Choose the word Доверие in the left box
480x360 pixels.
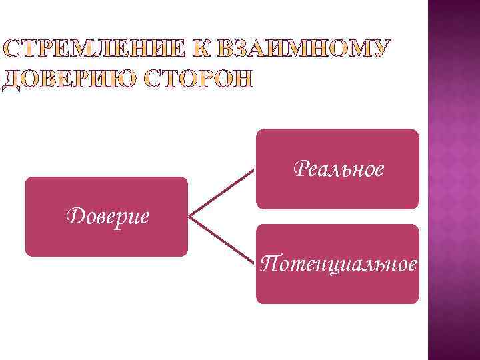107,216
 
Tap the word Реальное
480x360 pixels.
339,169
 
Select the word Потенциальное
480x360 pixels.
339,264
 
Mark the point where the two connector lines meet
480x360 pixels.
191,217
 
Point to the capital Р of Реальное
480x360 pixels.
299,169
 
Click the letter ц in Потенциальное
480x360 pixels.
325,265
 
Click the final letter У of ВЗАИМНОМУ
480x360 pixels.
379,49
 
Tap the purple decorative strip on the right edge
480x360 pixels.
453,180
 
